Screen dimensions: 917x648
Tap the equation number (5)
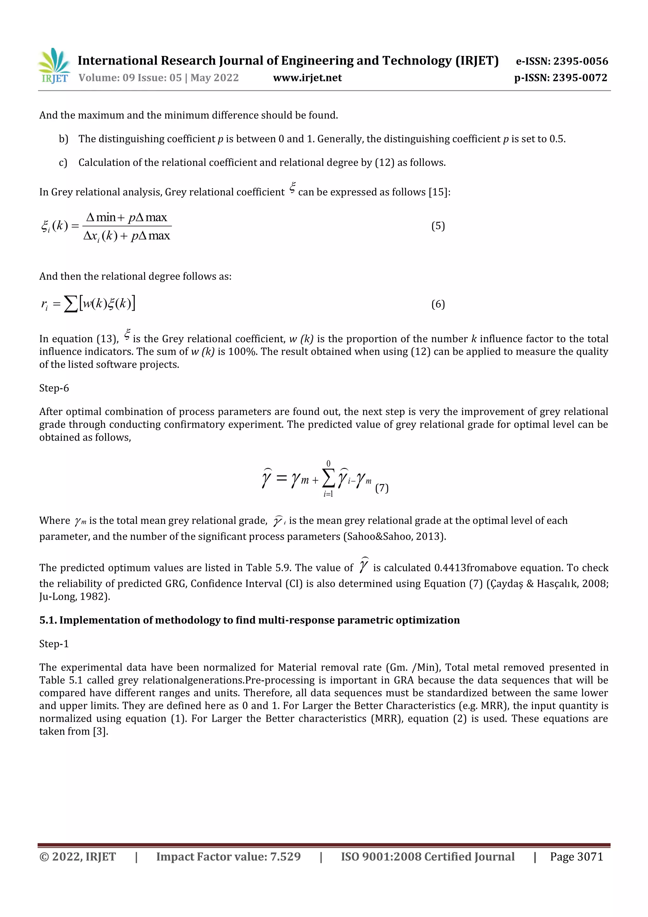pyautogui.click(x=438, y=226)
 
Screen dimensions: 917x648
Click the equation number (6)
pyautogui.click(x=438, y=304)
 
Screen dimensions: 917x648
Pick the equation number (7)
pyautogui.click(x=381, y=488)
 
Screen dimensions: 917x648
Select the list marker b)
pyautogui.click(x=64, y=139)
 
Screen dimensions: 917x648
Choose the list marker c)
pyautogui.click(x=63, y=163)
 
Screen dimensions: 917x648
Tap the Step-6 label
pyautogui.click(x=54, y=388)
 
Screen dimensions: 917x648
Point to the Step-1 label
pyautogui.click(x=54, y=644)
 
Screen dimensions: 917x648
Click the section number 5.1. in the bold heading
pyautogui.click(x=48, y=620)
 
